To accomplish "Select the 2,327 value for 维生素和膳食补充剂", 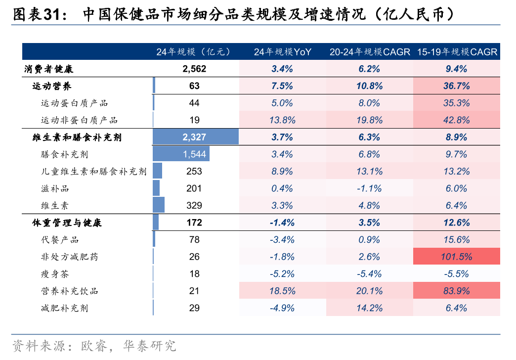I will (x=194, y=137).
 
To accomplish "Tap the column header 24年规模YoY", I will (x=282, y=51).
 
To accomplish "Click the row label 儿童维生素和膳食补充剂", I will (x=93, y=172).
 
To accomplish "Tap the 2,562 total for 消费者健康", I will (x=194, y=69).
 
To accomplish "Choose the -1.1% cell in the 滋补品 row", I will (x=369, y=188).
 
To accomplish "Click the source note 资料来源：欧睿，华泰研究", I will (x=94, y=345).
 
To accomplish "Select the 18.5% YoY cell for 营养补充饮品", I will (x=282, y=291).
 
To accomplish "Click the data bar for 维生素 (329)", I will (x=159, y=205).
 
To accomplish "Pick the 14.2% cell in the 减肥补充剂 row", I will (x=369, y=308).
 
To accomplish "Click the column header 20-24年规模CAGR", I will (x=369, y=51).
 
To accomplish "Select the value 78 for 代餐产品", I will (x=194, y=240).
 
